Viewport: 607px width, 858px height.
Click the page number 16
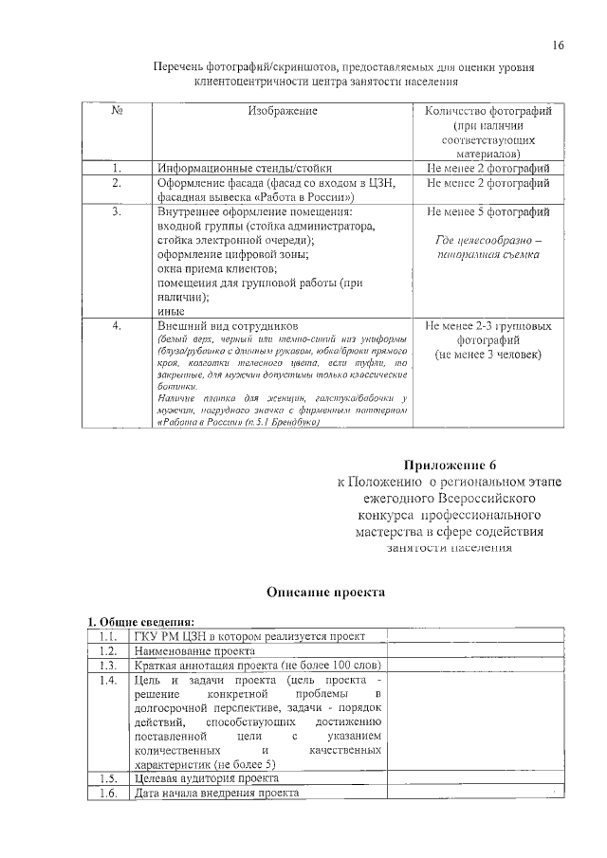(559, 46)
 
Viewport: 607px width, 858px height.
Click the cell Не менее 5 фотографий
(487, 212)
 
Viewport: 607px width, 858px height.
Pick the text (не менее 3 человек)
(487, 355)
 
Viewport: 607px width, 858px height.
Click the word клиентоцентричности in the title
(272, 82)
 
